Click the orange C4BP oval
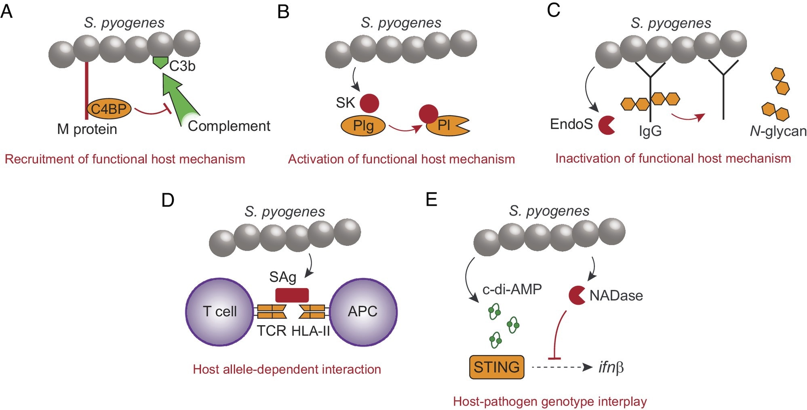coord(109,109)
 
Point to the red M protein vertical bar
coord(86,91)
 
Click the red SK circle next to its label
coord(369,103)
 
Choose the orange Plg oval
coord(363,126)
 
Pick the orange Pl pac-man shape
coord(445,126)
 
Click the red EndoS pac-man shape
coord(606,125)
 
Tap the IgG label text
coord(650,131)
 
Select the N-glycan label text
coord(778,131)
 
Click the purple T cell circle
coord(219,312)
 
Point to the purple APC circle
coord(363,312)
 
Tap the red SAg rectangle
coord(292,295)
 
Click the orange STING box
coord(497,367)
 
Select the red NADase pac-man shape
coord(576,295)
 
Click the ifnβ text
coord(611,367)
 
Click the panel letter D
coord(168,200)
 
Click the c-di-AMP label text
coord(512,289)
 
